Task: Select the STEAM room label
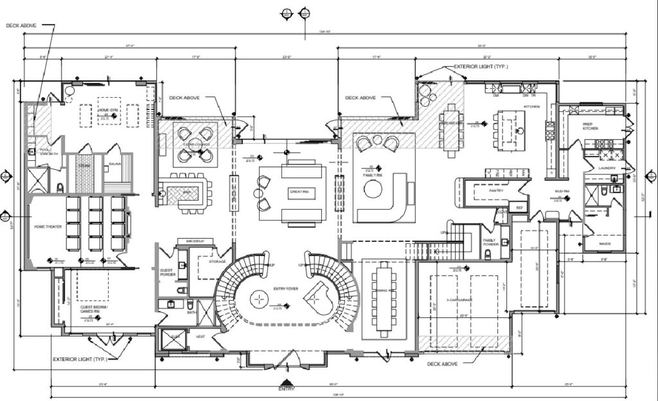(84, 165)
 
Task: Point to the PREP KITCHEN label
(590, 126)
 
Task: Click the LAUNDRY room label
(607, 169)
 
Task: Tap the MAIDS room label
(604, 244)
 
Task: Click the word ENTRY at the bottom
(286, 389)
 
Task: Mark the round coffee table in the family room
(373, 189)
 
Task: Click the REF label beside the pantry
(519, 208)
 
